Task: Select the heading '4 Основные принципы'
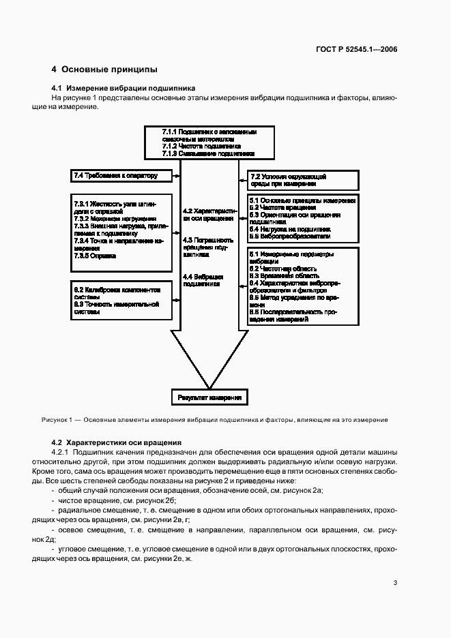point(105,70)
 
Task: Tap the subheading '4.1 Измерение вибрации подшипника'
point(123,89)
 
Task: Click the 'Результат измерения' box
point(209,397)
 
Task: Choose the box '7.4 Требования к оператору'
point(115,176)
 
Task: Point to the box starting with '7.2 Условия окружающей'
point(302,180)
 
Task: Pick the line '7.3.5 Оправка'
point(95,256)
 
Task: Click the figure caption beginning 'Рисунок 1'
point(215,420)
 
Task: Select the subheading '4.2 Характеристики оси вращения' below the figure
point(116,442)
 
